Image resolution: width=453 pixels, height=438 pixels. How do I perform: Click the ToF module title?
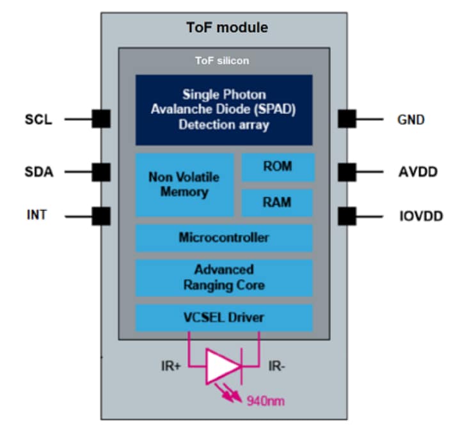[x=227, y=27]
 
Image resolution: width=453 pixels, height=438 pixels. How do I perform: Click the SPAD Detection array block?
[x=223, y=109]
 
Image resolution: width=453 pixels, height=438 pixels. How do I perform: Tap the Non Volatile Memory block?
[x=184, y=185]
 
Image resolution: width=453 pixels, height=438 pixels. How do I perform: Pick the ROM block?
[x=277, y=167]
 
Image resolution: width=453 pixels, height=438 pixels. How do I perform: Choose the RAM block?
[x=277, y=203]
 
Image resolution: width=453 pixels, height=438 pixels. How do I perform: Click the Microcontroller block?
[x=223, y=238]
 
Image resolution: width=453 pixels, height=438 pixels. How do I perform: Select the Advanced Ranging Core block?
[x=223, y=277]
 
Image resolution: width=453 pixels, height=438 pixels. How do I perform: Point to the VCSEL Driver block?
[x=223, y=317]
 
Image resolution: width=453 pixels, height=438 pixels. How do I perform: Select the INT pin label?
[x=36, y=215]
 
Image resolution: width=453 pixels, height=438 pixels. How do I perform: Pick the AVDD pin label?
[x=415, y=171]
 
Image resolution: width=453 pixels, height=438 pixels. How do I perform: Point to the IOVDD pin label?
[x=417, y=215]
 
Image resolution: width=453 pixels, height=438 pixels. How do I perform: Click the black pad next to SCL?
[x=101, y=119]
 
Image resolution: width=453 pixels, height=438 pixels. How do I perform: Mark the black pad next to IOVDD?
[x=347, y=215]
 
